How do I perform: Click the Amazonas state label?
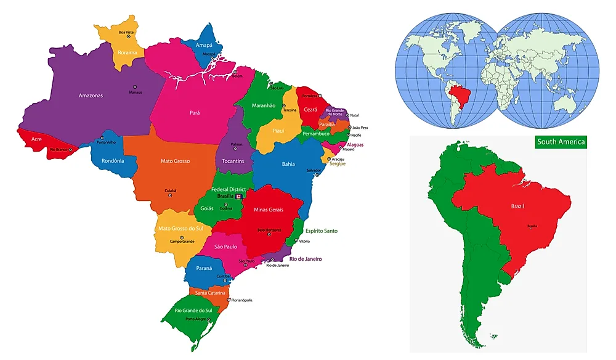91,96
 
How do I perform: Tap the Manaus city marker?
131,88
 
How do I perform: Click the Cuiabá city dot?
170,195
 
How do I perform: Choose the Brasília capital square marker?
240,196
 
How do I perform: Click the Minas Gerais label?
269,210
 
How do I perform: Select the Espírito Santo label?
322,231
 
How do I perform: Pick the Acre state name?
36,139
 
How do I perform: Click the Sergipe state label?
337,164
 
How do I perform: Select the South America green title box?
561,142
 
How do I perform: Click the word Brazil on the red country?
517,207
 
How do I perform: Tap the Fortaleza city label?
310,96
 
